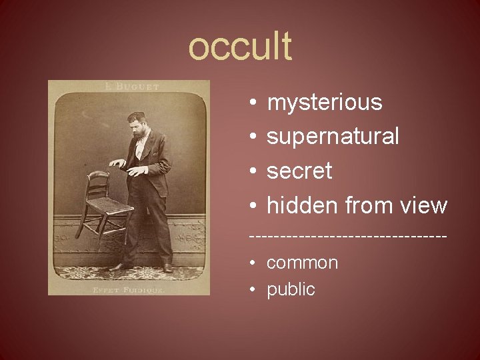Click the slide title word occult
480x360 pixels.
pos(240,47)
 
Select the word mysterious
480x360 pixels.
pos(325,103)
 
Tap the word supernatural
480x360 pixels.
pos(333,137)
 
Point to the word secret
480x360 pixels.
pos(299,171)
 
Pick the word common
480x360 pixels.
pos(302,263)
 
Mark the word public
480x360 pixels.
pos(291,290)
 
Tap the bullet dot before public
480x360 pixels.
pos(254,290)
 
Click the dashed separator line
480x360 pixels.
pos(347,237)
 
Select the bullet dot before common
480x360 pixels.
pos(254,263)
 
